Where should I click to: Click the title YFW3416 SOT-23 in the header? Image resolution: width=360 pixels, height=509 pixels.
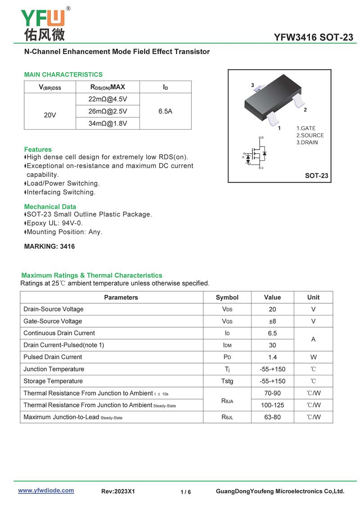click(314, 37)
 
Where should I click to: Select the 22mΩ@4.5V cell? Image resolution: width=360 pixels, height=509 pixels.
click(108, 99)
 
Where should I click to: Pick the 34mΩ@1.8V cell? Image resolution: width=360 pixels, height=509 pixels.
click(108, 123)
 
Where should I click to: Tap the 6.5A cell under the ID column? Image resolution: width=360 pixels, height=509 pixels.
click(165, 111)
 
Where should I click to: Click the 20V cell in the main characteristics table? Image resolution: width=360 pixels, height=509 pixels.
click(50, 115)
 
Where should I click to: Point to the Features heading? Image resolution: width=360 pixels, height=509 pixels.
click(38, 149)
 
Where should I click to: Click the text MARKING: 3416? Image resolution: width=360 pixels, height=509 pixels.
click(49, 247)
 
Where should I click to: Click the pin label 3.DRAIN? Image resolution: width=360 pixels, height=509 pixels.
click(307, 142)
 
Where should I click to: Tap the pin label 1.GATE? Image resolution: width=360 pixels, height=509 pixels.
click(306, 128)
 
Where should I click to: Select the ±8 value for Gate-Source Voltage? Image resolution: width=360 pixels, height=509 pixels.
click(272, 321)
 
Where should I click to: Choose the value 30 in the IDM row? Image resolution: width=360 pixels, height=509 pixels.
click(272, 345)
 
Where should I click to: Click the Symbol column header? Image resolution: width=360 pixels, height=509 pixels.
click(227, 297)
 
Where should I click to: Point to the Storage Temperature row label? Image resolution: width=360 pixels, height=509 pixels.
click(53, 381)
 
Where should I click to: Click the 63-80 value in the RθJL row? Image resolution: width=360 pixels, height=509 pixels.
click(272, 417)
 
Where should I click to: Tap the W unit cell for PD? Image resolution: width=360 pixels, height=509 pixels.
click(313, 357)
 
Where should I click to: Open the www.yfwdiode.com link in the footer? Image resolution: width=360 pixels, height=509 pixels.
click(46, 491)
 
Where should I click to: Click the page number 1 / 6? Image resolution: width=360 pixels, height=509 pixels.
click(185, 492)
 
